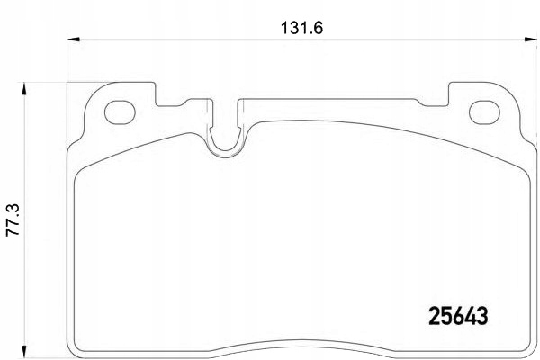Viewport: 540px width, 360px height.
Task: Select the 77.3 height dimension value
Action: click(x=13, y=219)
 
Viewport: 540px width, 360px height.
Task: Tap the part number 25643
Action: click(x=455, y=316)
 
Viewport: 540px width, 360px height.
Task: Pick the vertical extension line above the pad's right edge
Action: click(x=529, y=63)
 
